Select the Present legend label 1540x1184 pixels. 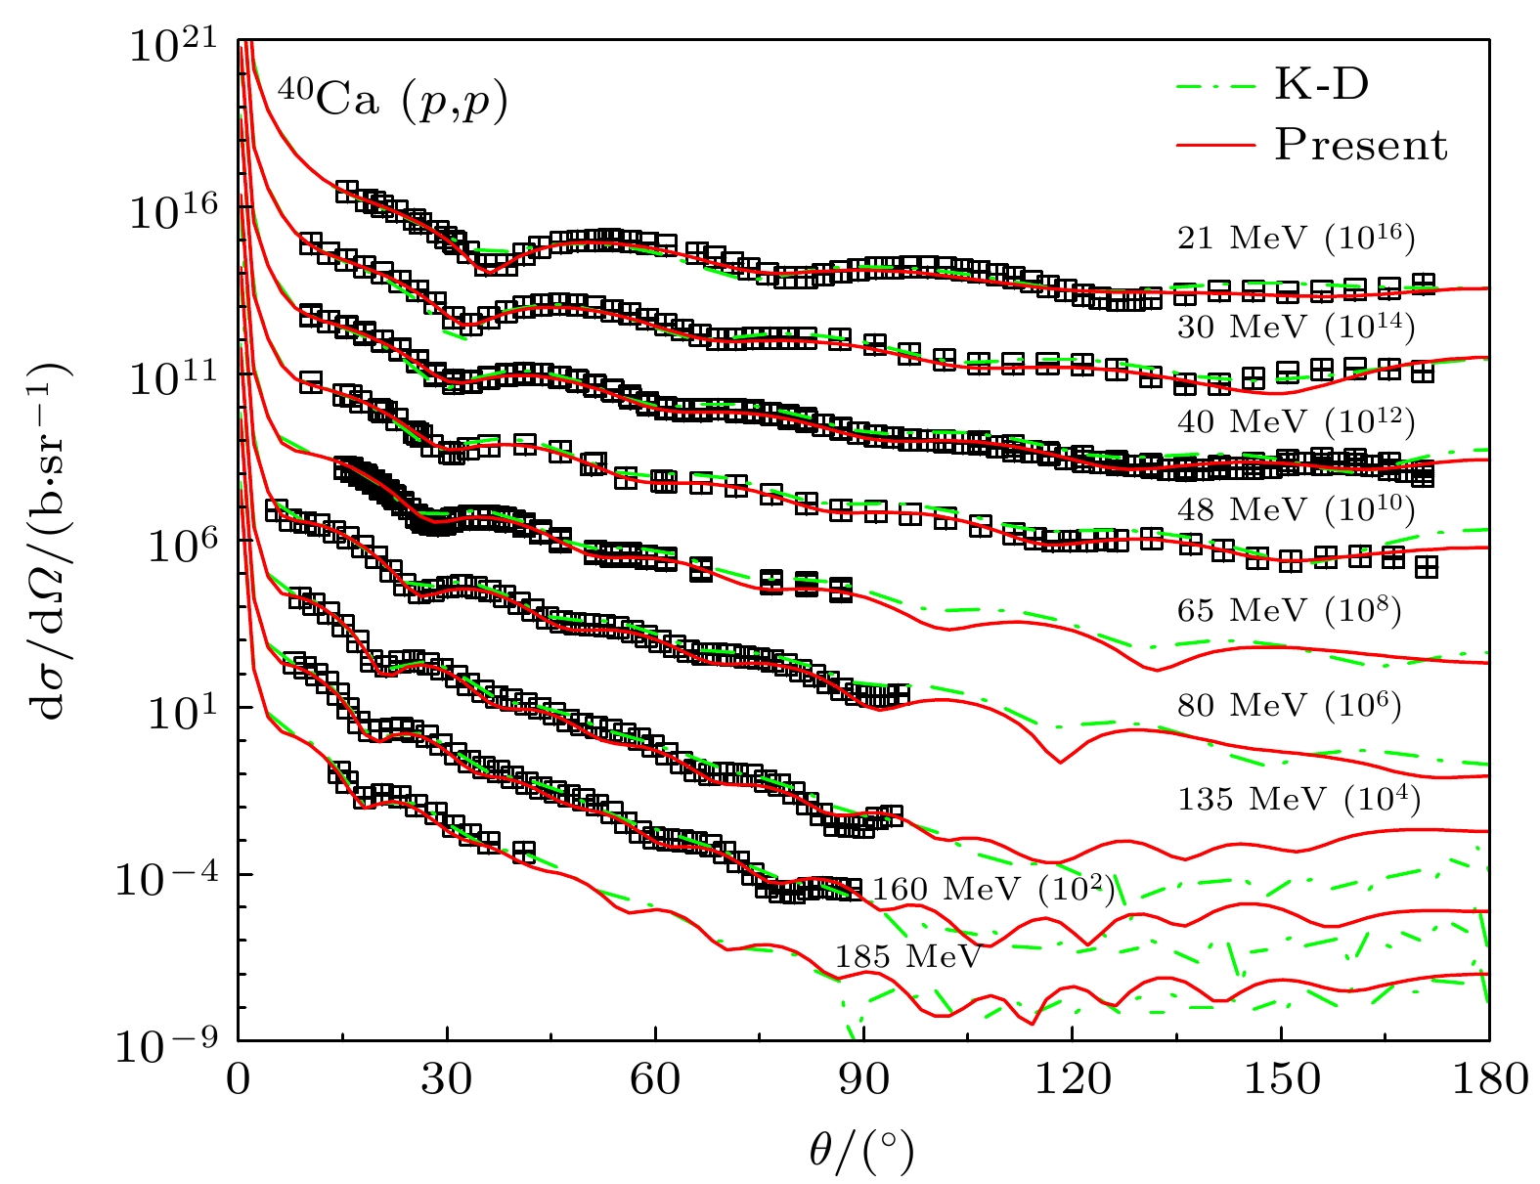click(x=1360, y=145)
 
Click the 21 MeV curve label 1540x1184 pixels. click(x=1296, y=238)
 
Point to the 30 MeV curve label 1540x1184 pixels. click(x=1296, y=327)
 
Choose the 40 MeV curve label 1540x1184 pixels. click(x=1296, y=421)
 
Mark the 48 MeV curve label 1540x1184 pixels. click(x=1296, y=509)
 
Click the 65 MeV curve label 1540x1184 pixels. click(x=1289, y=611)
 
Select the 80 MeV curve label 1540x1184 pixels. click(x=1289, y=705)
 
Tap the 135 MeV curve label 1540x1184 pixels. click(x=1298, y=799)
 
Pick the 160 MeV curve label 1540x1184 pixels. click(x=992, y=890)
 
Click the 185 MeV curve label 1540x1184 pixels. click(x=907, y=956)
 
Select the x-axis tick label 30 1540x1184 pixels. click(x=447, y=1080)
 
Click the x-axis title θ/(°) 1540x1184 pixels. click(x=861, y=1151)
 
